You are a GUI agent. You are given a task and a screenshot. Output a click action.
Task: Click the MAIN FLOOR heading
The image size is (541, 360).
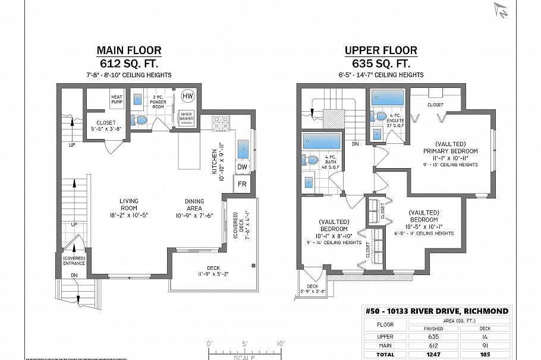pos(129,50)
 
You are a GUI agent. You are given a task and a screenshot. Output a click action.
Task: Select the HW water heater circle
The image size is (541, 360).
pos(187,96)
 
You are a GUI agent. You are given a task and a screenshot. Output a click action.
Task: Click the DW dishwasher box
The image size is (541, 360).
pos(242,168)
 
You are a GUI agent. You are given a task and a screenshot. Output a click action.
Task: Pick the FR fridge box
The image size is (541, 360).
pos(242,184)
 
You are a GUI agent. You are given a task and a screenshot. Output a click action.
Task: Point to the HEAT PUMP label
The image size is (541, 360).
pos(117,98)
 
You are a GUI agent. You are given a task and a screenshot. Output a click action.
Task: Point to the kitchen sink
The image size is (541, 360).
pos(243,149)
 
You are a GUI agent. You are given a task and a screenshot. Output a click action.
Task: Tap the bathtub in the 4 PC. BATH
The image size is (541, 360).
pos(322,141)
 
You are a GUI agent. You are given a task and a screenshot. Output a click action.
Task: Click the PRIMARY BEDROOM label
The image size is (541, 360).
pos(450,151)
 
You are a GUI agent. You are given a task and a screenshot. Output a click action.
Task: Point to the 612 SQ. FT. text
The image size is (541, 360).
pos(129,63)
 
